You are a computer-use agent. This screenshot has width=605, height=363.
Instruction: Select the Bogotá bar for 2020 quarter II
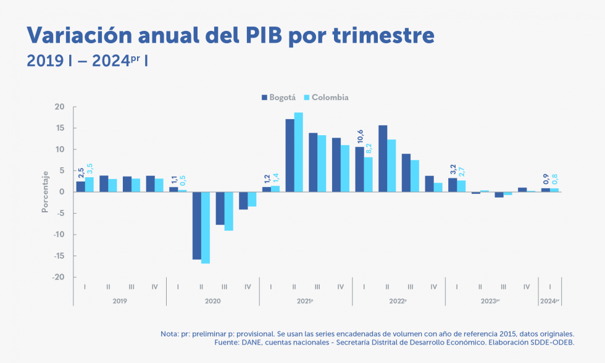pyautogui.click(x=196, y=225)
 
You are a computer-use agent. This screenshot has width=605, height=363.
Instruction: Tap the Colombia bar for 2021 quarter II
pyautogui.click(x=298, y=152)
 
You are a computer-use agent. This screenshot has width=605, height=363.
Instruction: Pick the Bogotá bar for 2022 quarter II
pyautogui.click(x=383, y=159)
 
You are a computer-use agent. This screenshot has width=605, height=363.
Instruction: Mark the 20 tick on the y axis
pyautogui.click(x=60, y=107)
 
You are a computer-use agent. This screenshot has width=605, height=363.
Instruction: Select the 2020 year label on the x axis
pyautogui.click(x=212, y=301)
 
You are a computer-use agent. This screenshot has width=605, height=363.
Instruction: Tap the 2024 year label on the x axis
pyautogui.click(x=549, y=301)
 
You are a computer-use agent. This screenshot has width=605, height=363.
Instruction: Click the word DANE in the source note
pyautogui.click(x=253, y=342)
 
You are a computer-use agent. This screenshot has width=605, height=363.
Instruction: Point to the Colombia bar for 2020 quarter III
pyautogui.click(x=229, y=211)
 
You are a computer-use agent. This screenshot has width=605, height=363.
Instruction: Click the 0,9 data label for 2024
pyautogui.click(x=545, y=180)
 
